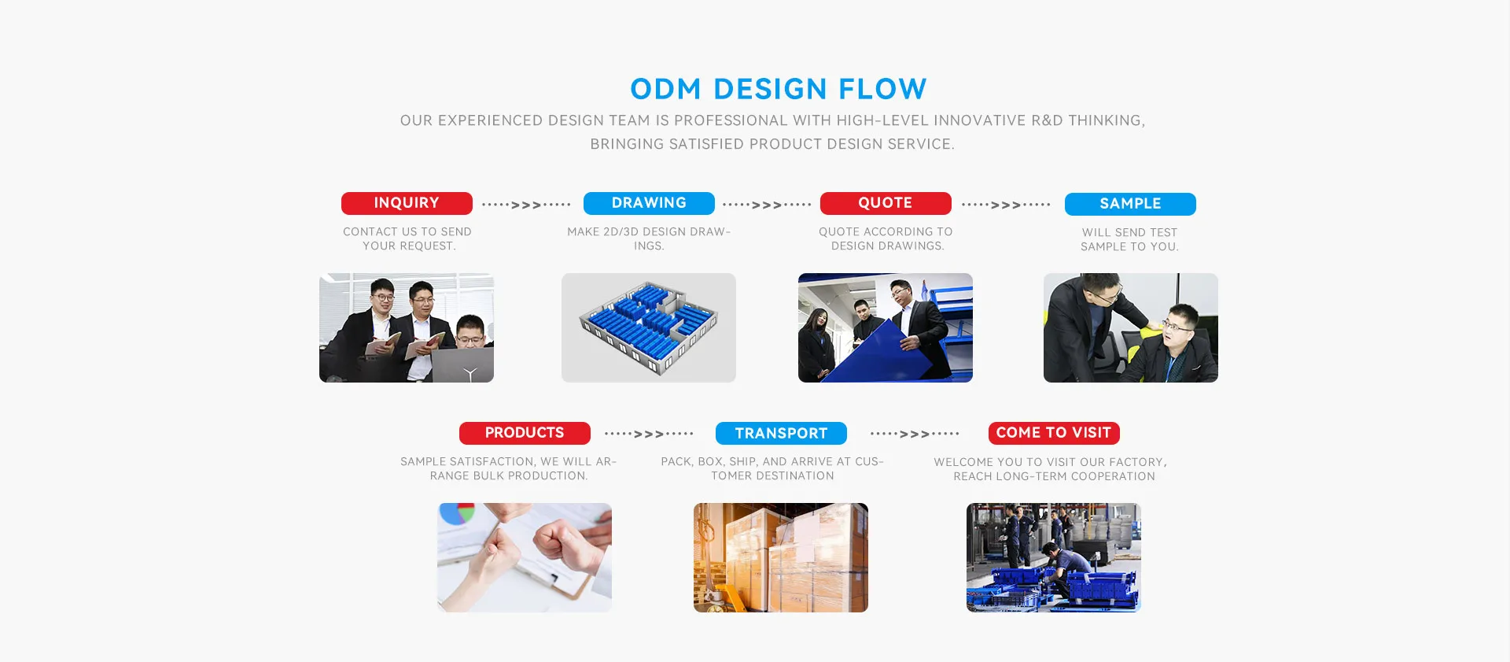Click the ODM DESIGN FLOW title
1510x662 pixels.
pyautogui.click(x=779, y=89)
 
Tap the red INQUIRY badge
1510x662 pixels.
pyautogui.click(x=407, y=203)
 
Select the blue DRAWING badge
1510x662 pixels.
pyautogui.click(x=649, y=203)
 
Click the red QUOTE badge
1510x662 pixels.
pyautogui.click(x=886, y=203)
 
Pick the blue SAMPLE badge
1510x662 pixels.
pyautogui.click(x=1130, y=204)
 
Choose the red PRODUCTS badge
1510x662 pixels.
pyautogui.click(x=525, y=433)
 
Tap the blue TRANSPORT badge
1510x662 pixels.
pyautogui.click(x=781, y=434)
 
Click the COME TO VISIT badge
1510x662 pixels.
pyautogui.click(x=1054, y=433)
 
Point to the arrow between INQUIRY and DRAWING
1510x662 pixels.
pyautogui.click(x=526, y=205)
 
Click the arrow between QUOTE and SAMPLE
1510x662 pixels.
pyautogui.click(x=1006, y=205)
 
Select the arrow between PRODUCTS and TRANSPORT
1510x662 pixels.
pyautogui.click(x=649, y=434)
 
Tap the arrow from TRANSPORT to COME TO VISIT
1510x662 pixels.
pyautogui.click(x=915, y=434)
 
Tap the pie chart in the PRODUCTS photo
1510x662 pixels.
pyautogui.click(x=457, y=513)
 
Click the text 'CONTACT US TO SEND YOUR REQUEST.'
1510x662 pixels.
pyautogui.click(x=407, y=239)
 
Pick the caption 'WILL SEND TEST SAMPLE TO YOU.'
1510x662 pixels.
pyautogui.click(x=1130, y=239)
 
